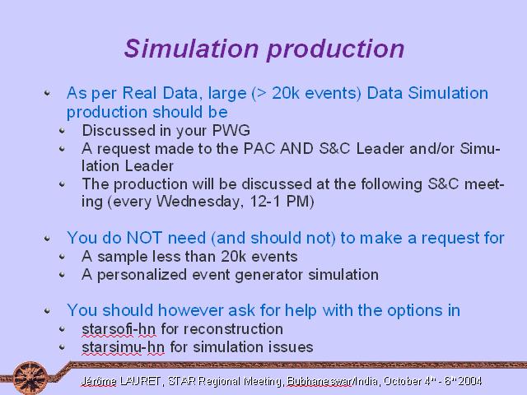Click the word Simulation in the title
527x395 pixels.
coord(191,49)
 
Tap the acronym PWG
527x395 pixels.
coord(231,130)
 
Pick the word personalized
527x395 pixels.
coord(142,275)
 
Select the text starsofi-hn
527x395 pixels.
coord(119,329)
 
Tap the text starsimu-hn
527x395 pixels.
coord(123,347)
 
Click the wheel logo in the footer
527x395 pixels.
coord(30,378)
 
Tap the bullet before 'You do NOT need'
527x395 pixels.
coord(47,238)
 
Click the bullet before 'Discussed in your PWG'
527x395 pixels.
coord(62,131)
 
